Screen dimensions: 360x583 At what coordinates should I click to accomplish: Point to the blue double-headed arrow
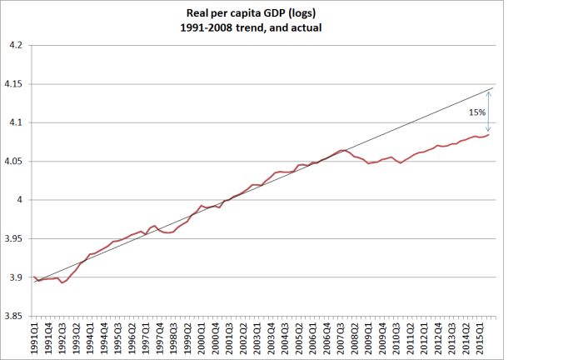(489, 112)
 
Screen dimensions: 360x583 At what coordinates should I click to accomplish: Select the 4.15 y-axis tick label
(14, 83)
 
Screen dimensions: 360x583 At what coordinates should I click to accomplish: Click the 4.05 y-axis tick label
(14, 161)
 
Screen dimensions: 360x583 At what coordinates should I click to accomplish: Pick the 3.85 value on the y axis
(14, 316)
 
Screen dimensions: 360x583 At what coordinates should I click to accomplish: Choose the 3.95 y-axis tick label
(14, 238)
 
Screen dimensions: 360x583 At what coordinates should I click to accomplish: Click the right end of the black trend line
(494, 87)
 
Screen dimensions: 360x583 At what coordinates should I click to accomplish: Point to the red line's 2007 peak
(342, 150)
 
